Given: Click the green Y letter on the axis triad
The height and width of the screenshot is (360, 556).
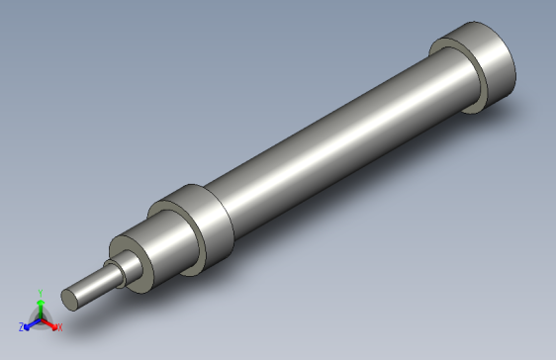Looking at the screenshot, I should pos(40,292).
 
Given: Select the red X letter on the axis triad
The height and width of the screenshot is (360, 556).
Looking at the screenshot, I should pos(58,326).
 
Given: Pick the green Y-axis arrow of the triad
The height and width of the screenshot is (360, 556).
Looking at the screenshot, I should pos(40,306).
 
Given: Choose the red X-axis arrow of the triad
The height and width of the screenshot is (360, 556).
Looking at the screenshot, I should pos(49,321).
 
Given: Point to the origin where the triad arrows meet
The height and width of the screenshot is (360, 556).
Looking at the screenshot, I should pos(40,317).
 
